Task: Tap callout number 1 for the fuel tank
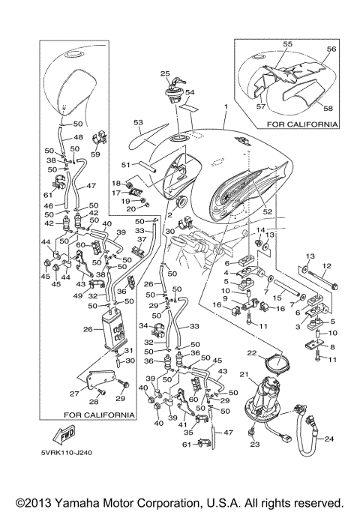[x=225, y=108]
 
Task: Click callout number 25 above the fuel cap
[x=165, y=73]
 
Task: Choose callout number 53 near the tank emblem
[x=137, y=121]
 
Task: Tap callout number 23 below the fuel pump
[x=254, y=445]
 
